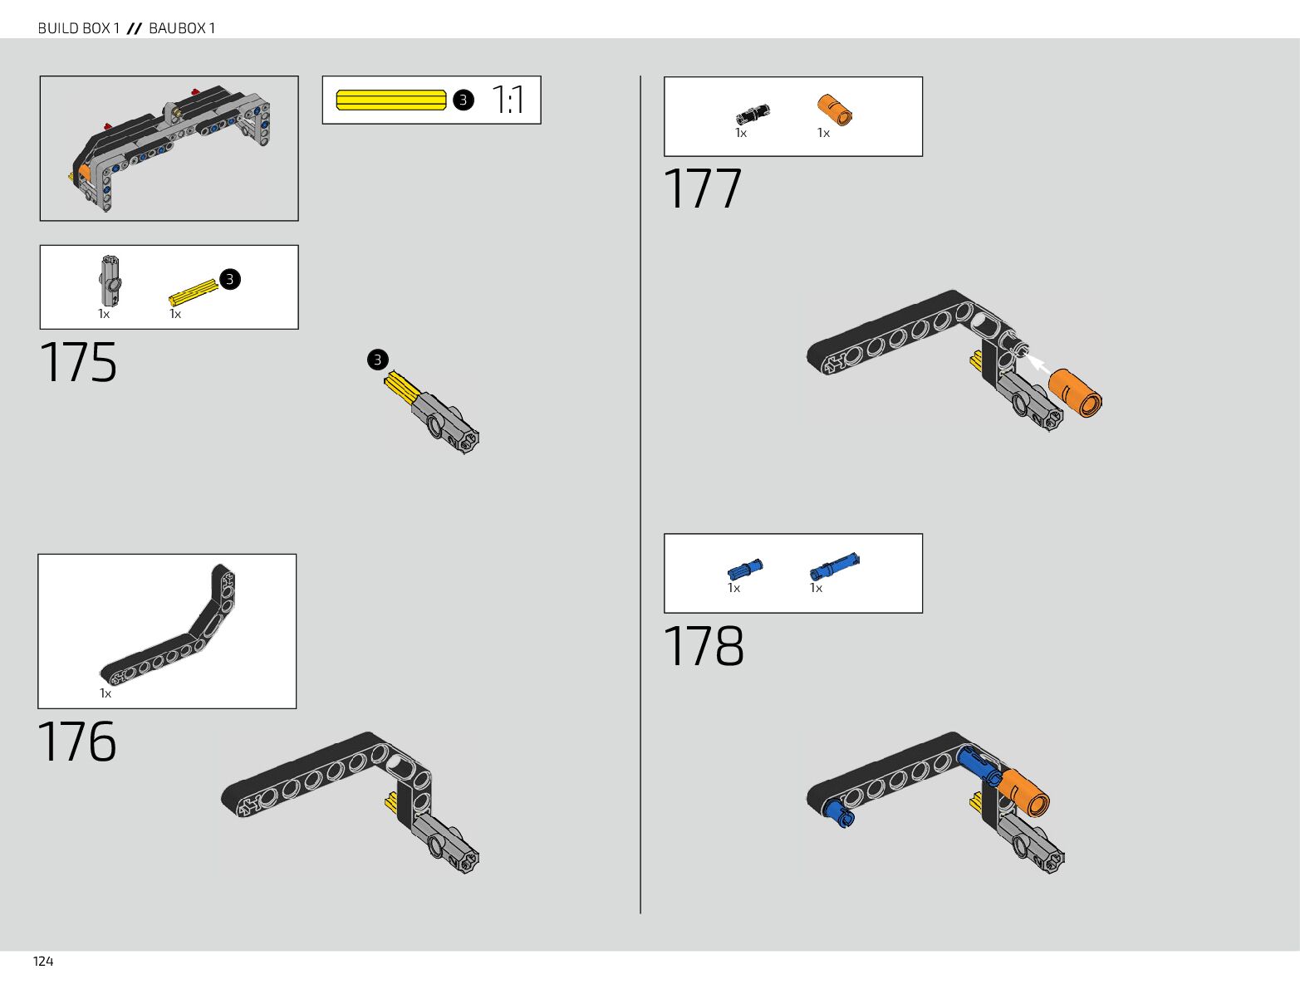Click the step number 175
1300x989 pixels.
(x=78, y=363)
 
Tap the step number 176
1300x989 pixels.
(x=77, y=742)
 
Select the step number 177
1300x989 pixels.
(x=702, y=189)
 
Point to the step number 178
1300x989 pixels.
(x=704, y=647)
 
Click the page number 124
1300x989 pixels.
(x=43, y=961)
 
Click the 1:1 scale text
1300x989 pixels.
(x=508, y=100)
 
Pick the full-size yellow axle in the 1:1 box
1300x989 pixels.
(x=391, y=100)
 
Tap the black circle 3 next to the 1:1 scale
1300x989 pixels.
(x=464, y=100)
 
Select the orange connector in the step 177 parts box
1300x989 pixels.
(x=835, y=110)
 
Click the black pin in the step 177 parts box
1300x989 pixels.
(x=752, y=115)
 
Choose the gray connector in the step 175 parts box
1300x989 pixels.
(x=110, y=280)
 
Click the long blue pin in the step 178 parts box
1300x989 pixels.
(x=835, y=566)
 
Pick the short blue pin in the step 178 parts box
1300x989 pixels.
(x=744, y=569)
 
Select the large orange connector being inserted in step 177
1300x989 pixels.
(x=1076, y=394)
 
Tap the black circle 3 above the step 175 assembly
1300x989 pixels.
(x=378, y=360)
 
